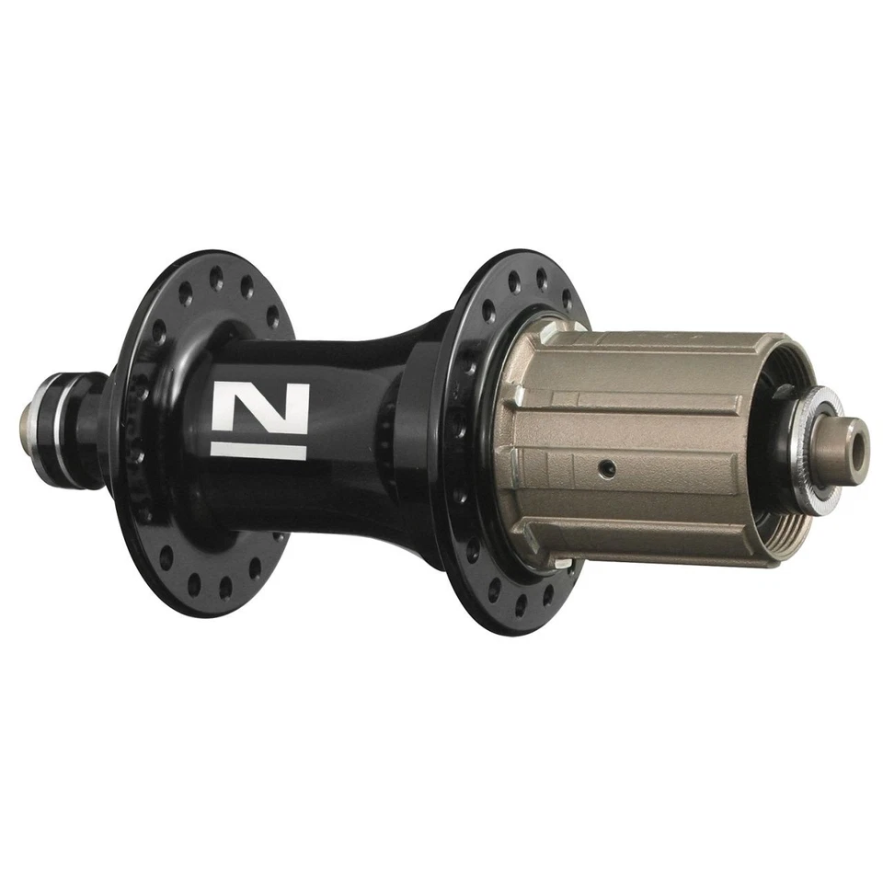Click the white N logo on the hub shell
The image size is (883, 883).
pos(259,407)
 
